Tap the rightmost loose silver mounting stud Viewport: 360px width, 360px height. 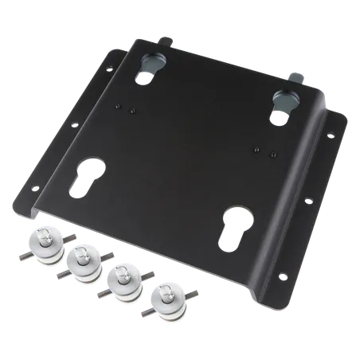163,297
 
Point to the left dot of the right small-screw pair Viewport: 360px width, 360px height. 257,149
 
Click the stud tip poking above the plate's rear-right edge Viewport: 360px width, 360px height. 299,77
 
